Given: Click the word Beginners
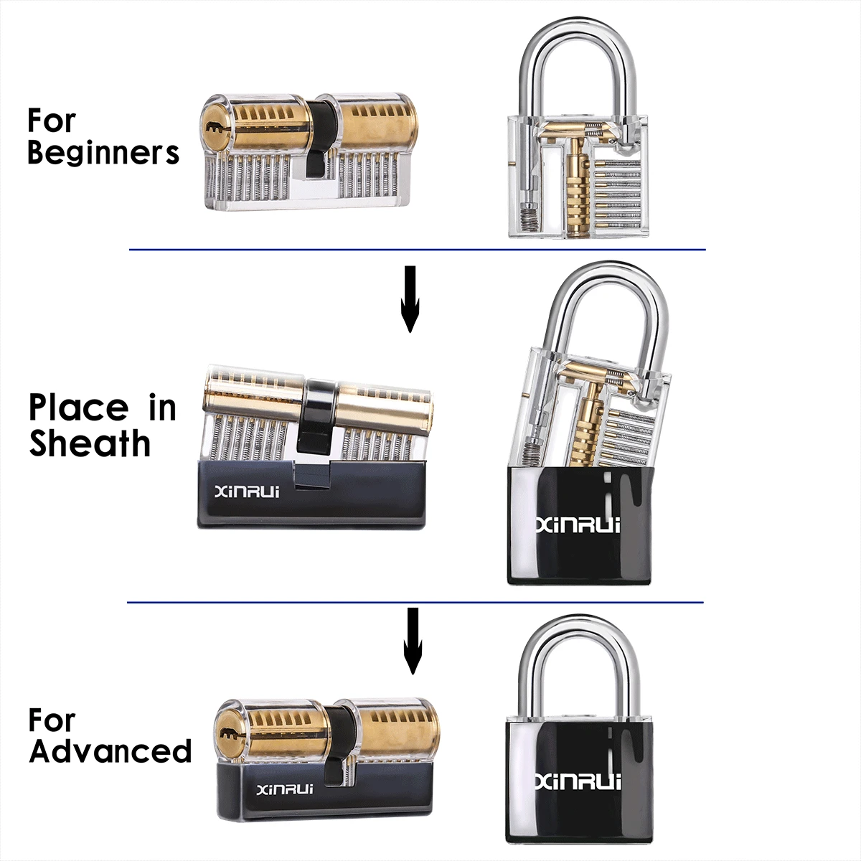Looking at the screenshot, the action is point(103,154).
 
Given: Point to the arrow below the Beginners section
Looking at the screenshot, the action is point(410,299).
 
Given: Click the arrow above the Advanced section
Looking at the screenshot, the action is point(413,641).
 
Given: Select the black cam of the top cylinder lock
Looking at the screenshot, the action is point(320,138).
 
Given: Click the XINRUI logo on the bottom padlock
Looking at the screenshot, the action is point(578,782).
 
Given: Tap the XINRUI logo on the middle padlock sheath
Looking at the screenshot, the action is point(578,524).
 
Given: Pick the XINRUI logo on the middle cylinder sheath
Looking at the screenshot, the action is point(247,492).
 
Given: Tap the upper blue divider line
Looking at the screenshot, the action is point(418,249).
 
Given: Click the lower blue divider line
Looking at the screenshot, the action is point(415,602).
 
